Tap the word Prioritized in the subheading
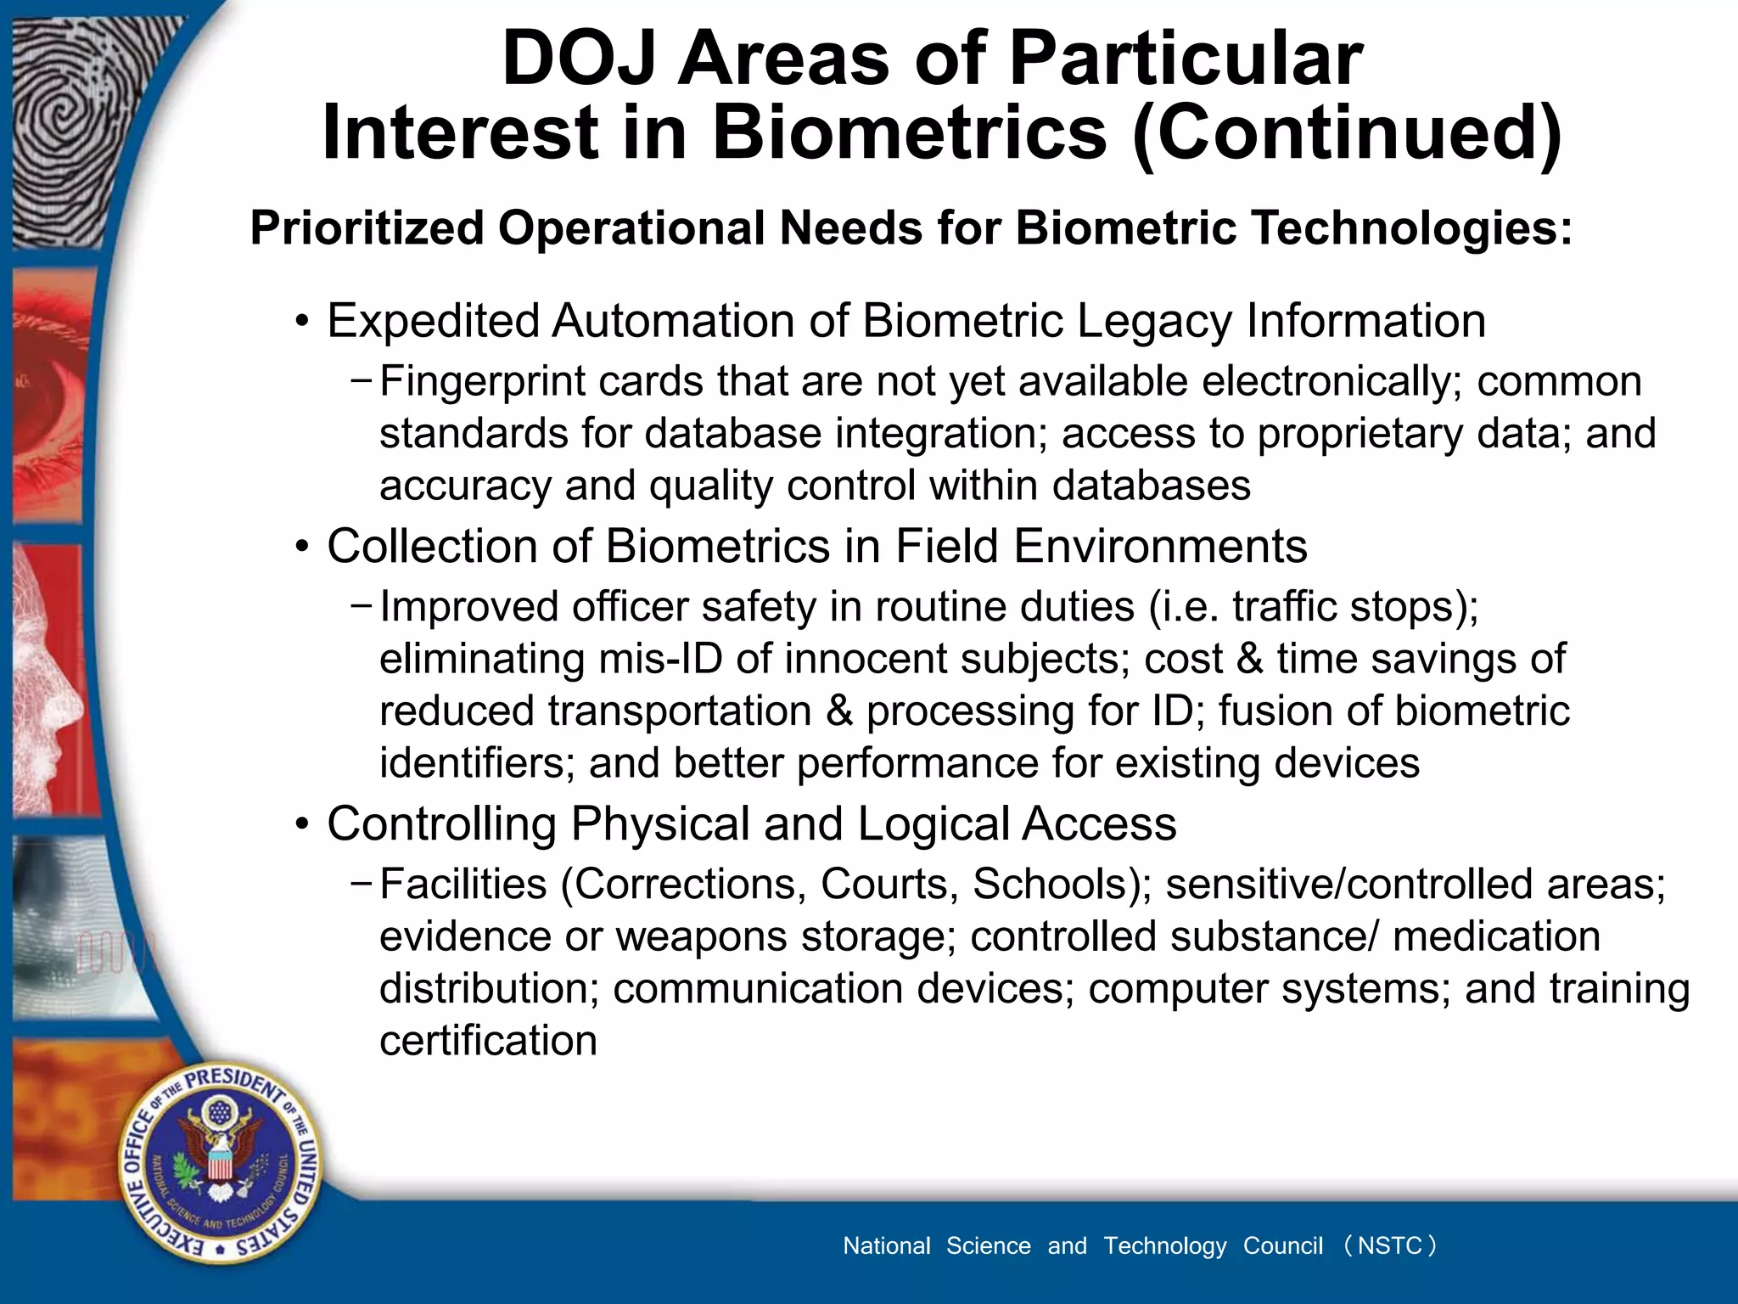coord(366,228)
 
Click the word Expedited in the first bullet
coord(433,322)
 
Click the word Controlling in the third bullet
coord(441,824)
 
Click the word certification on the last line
coord(488,1041)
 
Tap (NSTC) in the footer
coord(1390,1245)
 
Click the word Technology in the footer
coord(1164,1245)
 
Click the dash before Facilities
coord(360,883)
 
